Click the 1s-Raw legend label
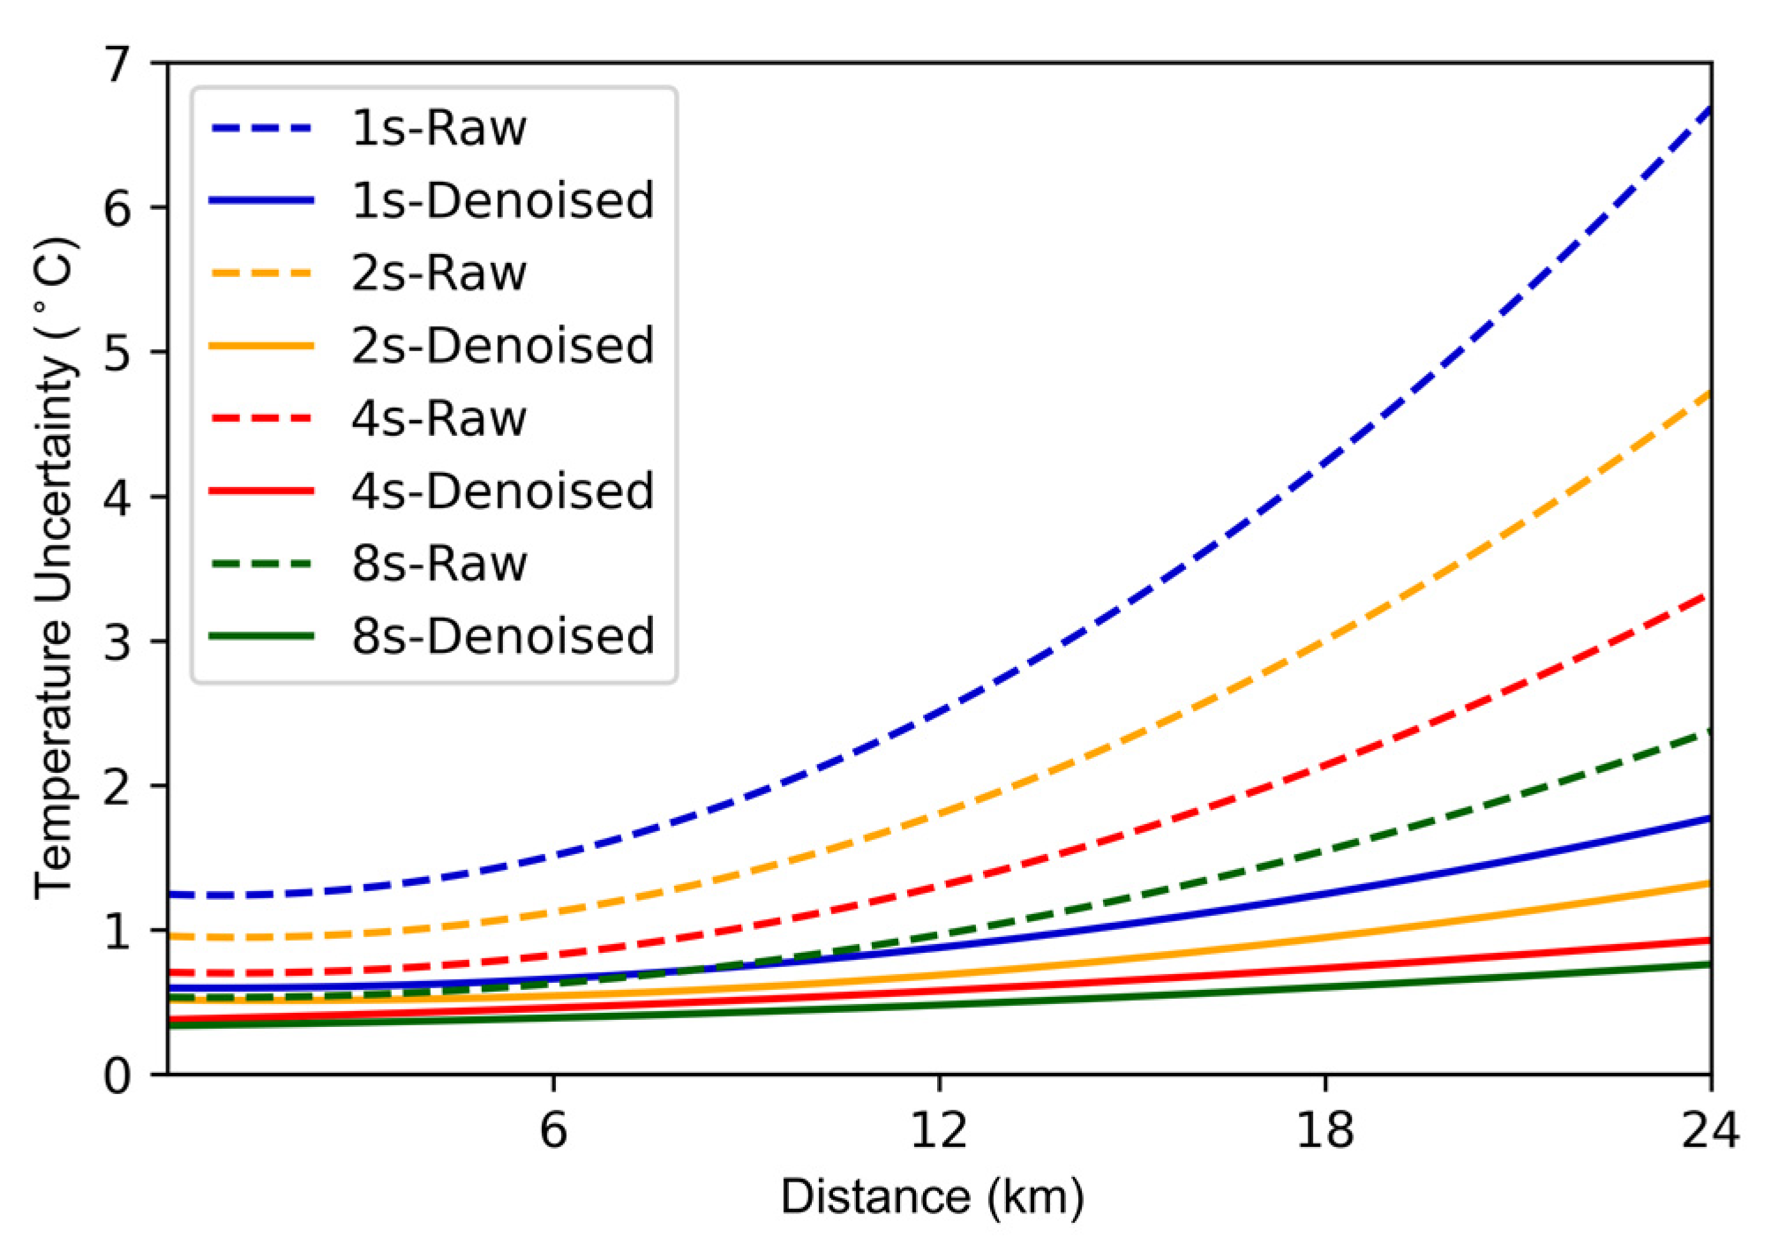click(x=439, y=129)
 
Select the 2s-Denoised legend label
click(x=502, y=346)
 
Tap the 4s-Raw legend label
click(x=439, y=418)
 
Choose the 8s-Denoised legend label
click(x=502, y=636)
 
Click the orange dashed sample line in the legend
click(x=262, y=274)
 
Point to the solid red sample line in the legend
click(x=262, y=491)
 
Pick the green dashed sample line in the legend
click(x=262, y=564)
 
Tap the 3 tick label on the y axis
click(x=116, y=641)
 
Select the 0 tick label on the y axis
click(x=116, y=1076)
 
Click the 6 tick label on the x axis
click(x=553, y=1130)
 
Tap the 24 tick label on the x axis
click(x=1710, y=1130)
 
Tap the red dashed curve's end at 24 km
click(x=1708, y=596)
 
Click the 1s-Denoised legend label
click(x=502, y=201)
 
